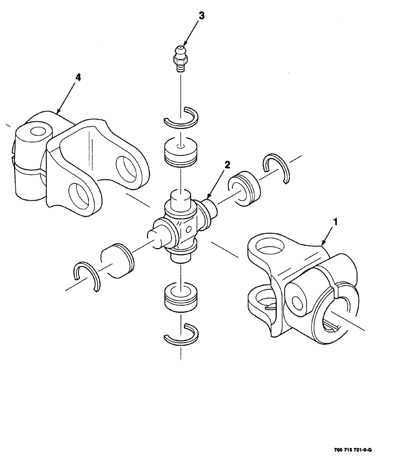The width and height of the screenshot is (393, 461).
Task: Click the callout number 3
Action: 201,15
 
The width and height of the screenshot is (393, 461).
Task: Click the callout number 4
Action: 78,77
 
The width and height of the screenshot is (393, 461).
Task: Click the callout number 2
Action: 227,165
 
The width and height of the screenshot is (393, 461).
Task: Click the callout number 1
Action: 335,222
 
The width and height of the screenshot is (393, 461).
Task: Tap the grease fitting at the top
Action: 180,57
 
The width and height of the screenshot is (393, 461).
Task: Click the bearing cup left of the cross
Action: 117,261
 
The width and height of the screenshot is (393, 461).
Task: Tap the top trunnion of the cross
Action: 181,199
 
